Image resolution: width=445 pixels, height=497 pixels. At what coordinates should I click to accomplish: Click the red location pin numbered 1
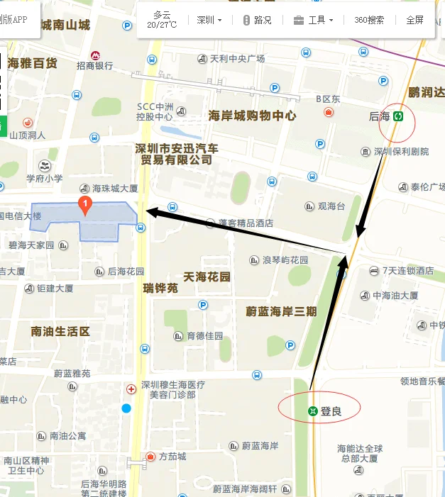[x=85, y=206]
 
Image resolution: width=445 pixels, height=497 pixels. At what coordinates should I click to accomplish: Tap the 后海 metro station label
[x=380, y=116]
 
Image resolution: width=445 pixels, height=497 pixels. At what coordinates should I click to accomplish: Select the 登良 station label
[x=331, y=411]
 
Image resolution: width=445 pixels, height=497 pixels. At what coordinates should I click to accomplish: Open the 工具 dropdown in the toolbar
[x=314, y=20]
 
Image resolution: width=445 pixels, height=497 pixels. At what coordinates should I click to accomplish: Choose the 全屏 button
[x=414, y=20]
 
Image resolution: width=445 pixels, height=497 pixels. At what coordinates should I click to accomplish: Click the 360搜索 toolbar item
[x=369, y=20]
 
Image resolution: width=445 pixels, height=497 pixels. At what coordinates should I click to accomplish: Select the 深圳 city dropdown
[x=209, y=20]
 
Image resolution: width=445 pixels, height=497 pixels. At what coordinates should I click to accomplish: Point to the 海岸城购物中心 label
[x=252, y=116]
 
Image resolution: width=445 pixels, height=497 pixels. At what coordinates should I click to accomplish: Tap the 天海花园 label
[x=207, y=277]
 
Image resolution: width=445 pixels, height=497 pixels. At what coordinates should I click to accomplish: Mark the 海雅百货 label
[x=32, y=63]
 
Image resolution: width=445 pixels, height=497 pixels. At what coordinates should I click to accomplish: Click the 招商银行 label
[x=94, y=66]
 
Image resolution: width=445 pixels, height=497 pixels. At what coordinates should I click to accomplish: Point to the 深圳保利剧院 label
[x=401, y=152]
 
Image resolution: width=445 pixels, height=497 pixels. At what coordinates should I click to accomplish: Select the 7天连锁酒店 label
[x=407, y=271]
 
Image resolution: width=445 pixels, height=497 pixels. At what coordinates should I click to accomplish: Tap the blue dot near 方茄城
[x=126, y=408]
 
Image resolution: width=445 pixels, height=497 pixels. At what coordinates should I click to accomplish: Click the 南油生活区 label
[x=60, y=331]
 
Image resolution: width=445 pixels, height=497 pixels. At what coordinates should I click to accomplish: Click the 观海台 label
[x=331, y=206]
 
